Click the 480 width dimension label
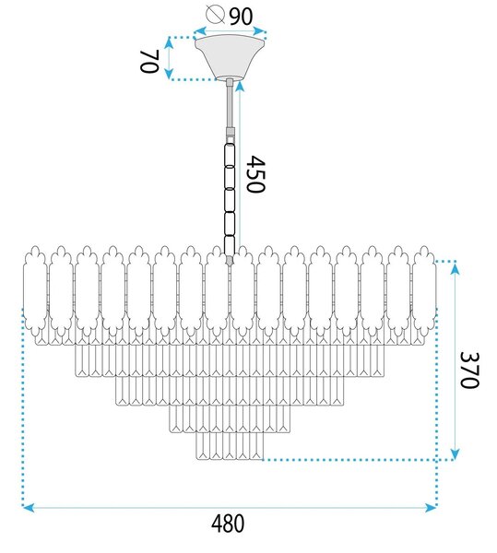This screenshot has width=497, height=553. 228,524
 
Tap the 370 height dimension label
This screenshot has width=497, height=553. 470,370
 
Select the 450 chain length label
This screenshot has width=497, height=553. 255,174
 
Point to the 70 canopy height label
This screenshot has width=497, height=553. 149,61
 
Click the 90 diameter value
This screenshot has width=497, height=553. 241,17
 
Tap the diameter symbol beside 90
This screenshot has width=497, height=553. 215,15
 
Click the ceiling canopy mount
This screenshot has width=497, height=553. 230,57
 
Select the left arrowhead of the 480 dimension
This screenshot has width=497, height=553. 29,508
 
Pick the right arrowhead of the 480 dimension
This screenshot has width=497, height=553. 431,508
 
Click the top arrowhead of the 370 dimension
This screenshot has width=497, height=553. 455,269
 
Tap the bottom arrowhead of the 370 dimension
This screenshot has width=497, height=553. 455,453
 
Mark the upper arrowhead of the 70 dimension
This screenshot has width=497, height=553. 170,43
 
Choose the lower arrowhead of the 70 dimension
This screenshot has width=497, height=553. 170,73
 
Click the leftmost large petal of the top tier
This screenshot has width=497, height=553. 34,292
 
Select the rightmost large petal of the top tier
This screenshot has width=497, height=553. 424,292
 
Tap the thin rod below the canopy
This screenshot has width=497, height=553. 230,106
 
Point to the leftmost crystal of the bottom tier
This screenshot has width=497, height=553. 203,446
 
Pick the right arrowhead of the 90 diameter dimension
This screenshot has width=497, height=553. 259,31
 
